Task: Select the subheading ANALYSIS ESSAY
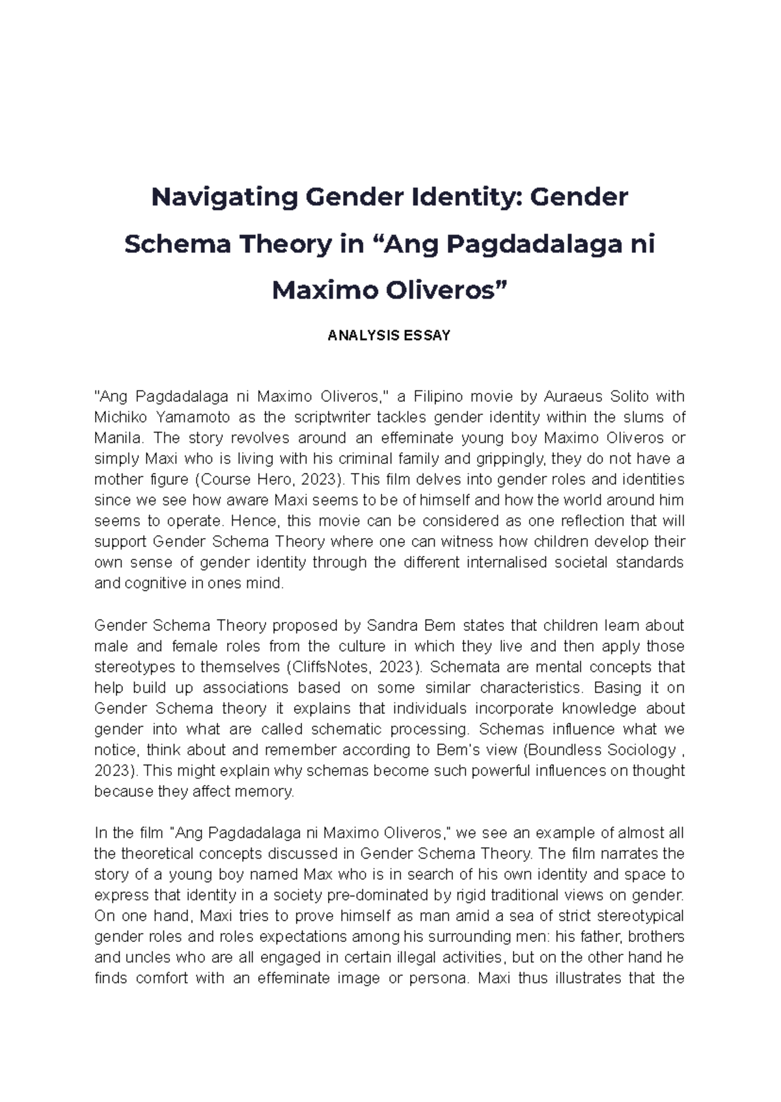pos(389,336)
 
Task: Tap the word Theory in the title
pos(284,245)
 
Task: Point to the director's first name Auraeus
pos(573,397)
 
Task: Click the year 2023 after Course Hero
pos(322,480)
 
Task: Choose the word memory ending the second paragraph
pos(267,792)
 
